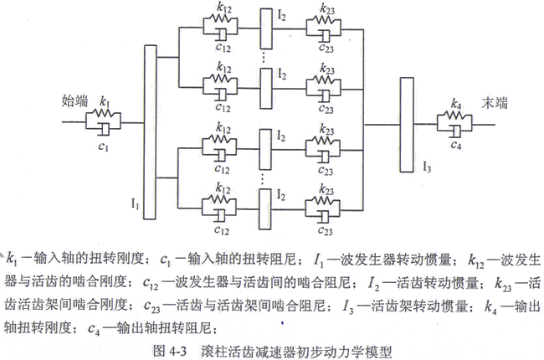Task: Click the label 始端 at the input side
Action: (74, 100)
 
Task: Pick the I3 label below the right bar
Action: (427, 163)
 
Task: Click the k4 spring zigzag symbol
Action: (456, 118)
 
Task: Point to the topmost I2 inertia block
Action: (266, 33)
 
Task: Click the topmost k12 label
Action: (222, 9)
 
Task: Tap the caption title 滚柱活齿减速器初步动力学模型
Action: (300, 346)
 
